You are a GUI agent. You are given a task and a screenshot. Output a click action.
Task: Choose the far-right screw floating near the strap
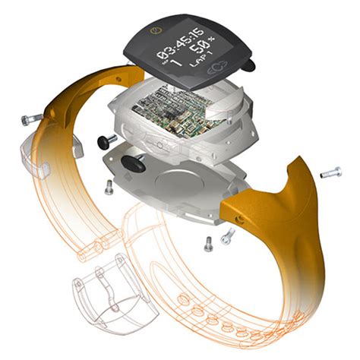point(330,173)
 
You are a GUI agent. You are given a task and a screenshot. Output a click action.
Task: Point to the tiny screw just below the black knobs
point(109,187)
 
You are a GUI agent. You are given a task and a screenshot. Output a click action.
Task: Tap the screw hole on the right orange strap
point(242,217)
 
